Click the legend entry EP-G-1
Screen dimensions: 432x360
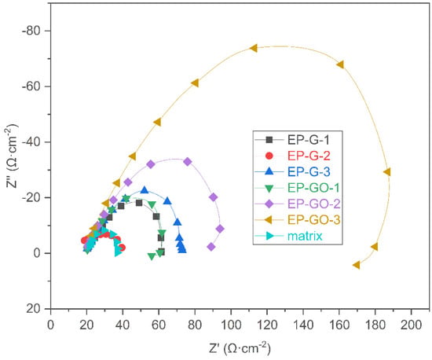pyautogui.click(x=309, y=140)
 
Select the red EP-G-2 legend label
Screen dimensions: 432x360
pyautogui.click(x=309, y=156)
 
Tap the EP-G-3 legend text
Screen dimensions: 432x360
pyautogui.click(x=309, y=171)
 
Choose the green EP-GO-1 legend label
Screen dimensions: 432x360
pyautogui.click(x=313, y=188)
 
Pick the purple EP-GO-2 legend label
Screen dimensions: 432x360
pyautogui.click(x=314, y=204)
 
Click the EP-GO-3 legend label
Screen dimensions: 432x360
pyautogui.click(x=314, y=219)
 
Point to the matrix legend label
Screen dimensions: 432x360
pyautogui.click(x=305, y=236)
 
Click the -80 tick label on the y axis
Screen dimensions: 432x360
pyautogui.click(x=31, y=31)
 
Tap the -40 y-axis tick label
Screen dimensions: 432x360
pyautogui.click(x=31, y=142)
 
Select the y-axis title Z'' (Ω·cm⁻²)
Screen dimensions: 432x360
pyautogui.click(x=12, y=156)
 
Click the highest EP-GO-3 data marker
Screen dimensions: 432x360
pyautogui.click(x=254, y=48)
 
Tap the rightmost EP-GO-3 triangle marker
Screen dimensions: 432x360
pyautogui.click(x=386, y=172)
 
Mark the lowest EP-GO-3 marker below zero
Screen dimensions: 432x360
pyautogui.click(x=357, y=265)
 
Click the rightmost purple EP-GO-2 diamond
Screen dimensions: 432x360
pyautogui.click(x=220, y=229)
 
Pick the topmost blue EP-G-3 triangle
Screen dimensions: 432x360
pyautogui.click(x=145, y=190)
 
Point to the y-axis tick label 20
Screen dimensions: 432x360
pyautogui.click(x=33, y=309)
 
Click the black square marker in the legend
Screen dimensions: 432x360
pyautogui.click(x=269, y=140)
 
